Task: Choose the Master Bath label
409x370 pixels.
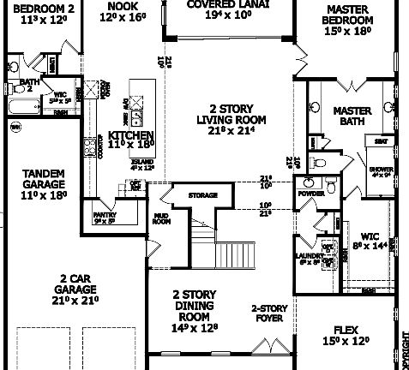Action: click(351, 116)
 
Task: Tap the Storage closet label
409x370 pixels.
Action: click(203, 195)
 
